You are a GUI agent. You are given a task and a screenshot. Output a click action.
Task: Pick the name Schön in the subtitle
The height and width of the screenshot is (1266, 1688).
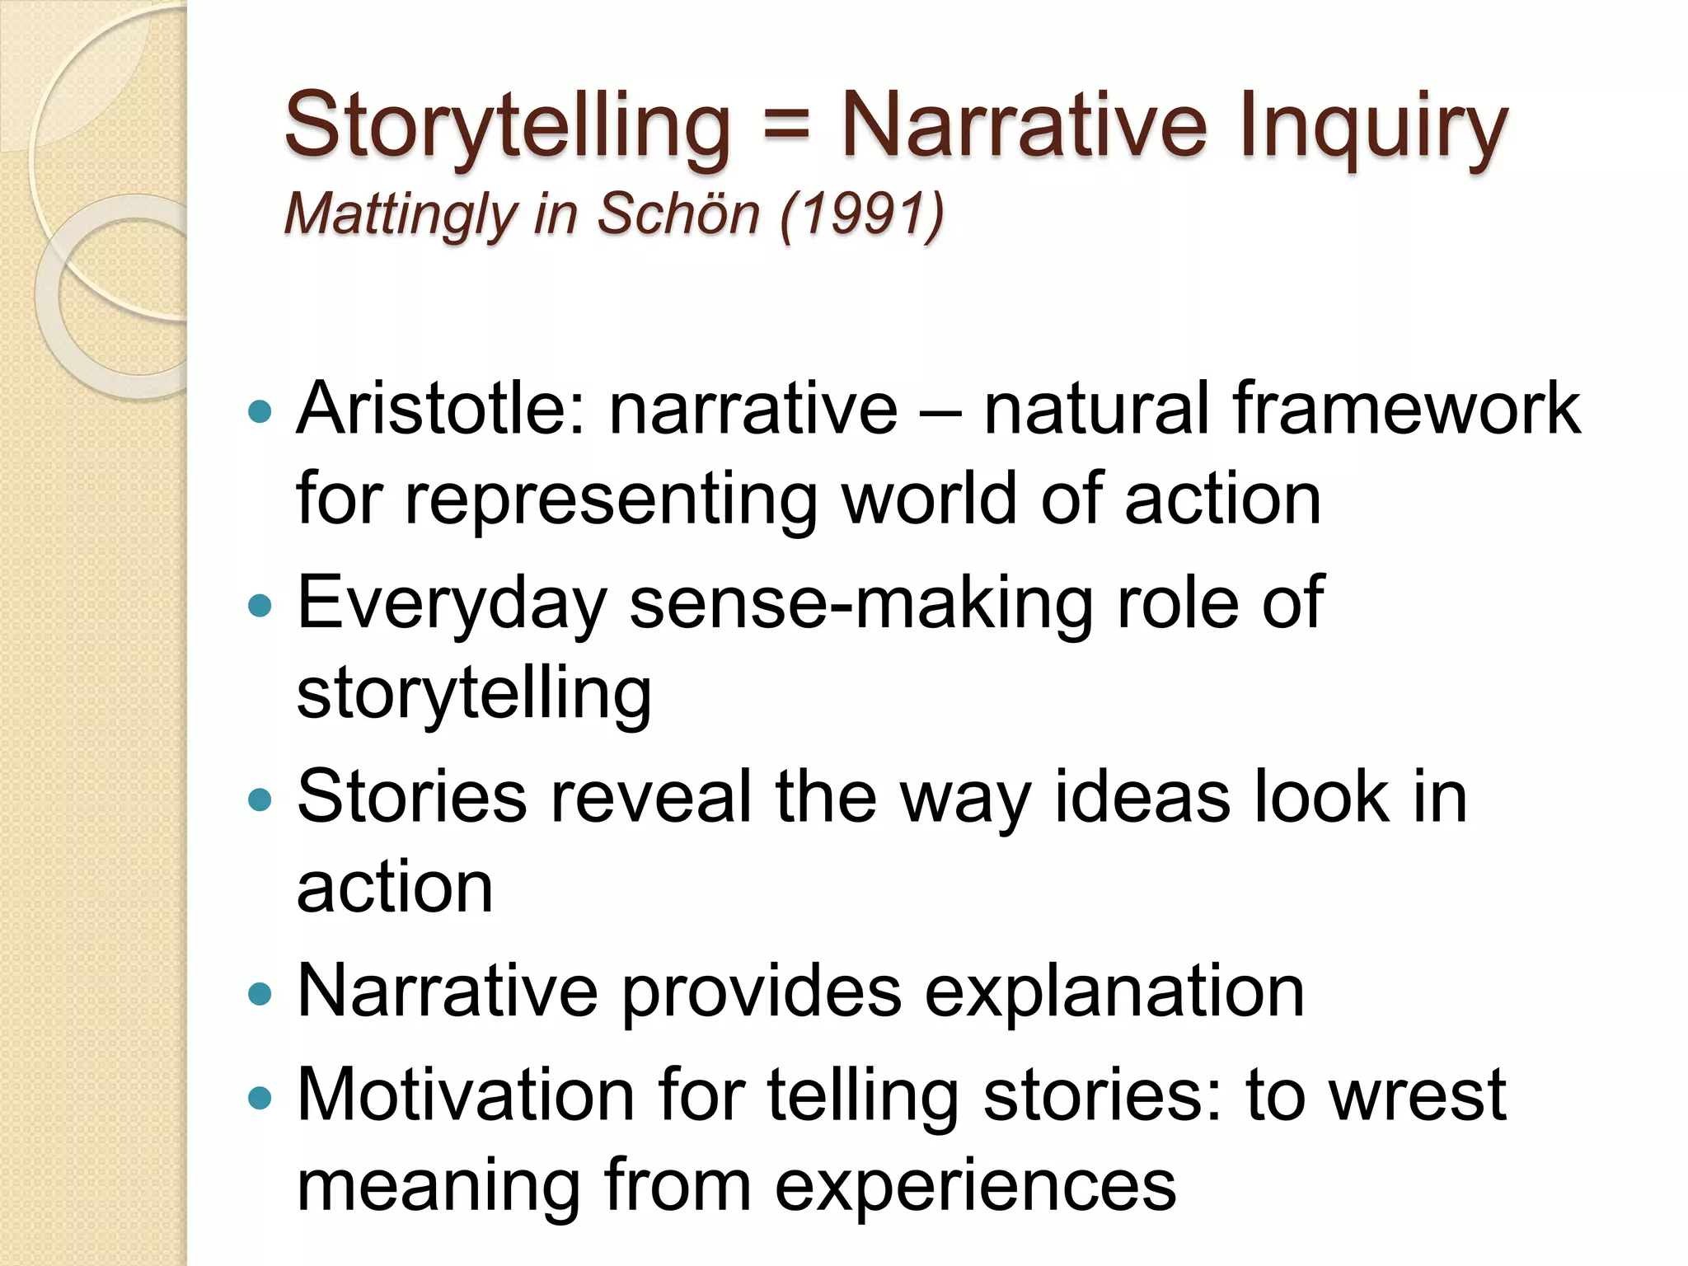pyautogui.click(x=678, y=213)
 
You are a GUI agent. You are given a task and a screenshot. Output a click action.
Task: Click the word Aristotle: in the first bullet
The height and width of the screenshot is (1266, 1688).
pyautogui.click(x=441, y=409)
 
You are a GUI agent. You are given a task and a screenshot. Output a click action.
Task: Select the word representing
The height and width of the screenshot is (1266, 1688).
pyautogui.click(x=611, y=499)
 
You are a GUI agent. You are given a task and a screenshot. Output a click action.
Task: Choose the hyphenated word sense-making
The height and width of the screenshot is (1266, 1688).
pyautogui.click(x=860, y=604)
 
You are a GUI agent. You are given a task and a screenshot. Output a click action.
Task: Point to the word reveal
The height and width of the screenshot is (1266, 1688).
pyautogui.click(x=650, y=797)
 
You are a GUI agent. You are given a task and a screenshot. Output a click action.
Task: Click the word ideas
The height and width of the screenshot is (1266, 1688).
pyautogui.click(x=1142, y=797)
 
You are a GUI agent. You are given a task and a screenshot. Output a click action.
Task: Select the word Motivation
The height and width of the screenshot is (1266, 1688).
pyautogui.click(x=466, y=1095)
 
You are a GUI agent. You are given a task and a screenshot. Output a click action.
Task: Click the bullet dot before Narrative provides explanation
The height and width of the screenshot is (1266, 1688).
pyautogui.click(x=260, y=993)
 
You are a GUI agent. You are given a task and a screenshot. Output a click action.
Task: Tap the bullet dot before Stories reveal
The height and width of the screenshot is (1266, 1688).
pyautogui.click(x=260, y=799)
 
